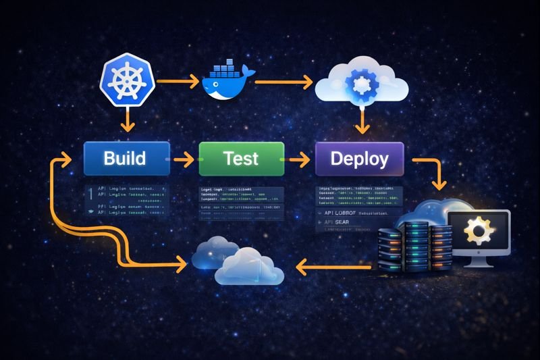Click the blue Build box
point(125,159)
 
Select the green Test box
point(240,159)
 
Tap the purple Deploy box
point(359,159)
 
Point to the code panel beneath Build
point(125,200)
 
